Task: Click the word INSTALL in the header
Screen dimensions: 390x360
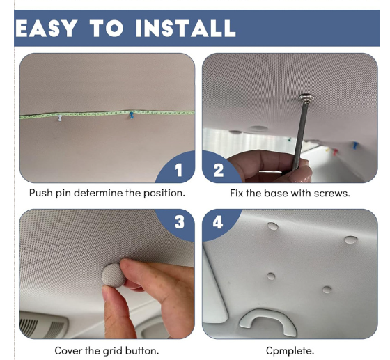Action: coord(185,29)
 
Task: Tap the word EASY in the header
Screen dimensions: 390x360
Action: coord(46,29)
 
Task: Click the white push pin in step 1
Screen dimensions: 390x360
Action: coord(60,118)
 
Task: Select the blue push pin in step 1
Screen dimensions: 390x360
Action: coord(132,115)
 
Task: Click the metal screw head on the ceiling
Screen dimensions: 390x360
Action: coord(306,97)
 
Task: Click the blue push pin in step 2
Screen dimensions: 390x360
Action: coord(355,146)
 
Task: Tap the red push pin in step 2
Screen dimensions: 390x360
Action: coord(335,152)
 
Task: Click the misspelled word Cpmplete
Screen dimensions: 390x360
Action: coord(290,351)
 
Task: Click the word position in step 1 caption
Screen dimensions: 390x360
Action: coord(164,194)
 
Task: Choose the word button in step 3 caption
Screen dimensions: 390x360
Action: coord(142,351)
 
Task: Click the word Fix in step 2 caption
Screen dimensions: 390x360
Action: coord(237,193)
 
